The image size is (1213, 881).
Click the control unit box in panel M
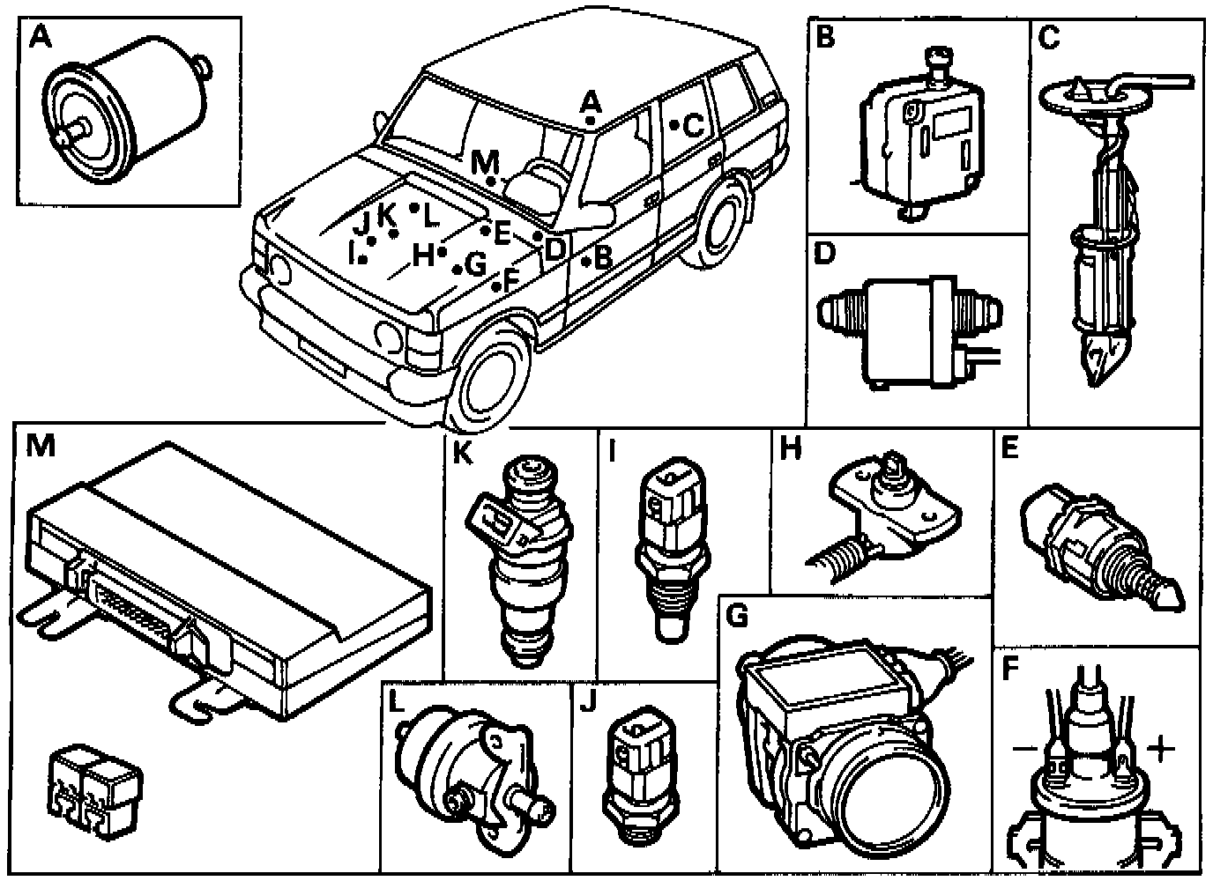pos(229,573)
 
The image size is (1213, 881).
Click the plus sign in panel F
pos(1161,750)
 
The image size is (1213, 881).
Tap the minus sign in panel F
pos(1023,750)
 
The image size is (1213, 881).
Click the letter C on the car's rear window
pos(694,126)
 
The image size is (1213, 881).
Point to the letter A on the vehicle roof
pos(591,100)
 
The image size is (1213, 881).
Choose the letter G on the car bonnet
pos(475,263)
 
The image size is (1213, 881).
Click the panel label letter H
pos(791,448)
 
